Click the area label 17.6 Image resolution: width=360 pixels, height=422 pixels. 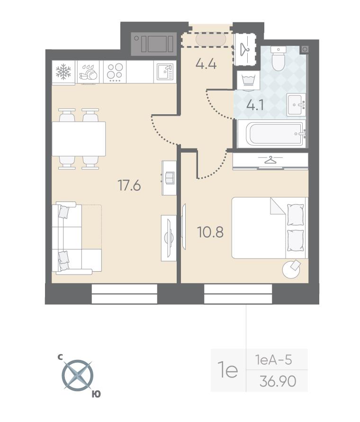(x=129, y=185)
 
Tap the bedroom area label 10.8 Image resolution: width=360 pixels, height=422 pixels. (x=210, y=232)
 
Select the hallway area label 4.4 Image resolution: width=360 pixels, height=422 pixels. (x=206, y=64)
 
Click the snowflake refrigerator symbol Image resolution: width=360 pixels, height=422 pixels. (x=63, y=72)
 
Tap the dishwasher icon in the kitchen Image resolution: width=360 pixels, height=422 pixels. (x=88, y=72)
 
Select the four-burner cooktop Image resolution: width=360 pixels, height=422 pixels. (x=115, y=72)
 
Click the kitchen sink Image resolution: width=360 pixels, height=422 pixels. (x=165, y=72)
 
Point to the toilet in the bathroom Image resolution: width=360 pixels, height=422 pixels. (x=278, y=58)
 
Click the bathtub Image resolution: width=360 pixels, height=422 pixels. (x=272, y=134)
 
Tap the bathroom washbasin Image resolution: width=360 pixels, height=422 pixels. (x=296, y=105)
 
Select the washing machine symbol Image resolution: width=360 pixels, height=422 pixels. (x=248, y=81)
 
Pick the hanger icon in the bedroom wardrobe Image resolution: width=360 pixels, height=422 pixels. (x=270, y=160)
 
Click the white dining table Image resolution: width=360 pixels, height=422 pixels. (x=79, y=138)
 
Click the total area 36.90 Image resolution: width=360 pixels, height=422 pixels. (x=278, y=381)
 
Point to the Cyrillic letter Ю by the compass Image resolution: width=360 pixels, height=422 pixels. (x=96, y=394)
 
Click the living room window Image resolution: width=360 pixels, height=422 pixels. (x=125, y=294)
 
